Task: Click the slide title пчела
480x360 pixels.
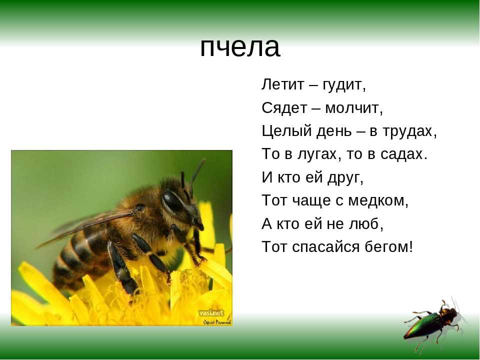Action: pos(240,47)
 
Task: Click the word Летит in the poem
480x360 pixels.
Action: pos(283,84)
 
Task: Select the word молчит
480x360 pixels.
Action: pos(354,108)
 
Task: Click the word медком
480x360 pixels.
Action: pos(378,201)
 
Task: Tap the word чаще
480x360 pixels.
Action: pos(312,201)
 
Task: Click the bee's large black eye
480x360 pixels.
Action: pos(172,200)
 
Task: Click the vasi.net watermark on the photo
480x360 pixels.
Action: pos(211,313)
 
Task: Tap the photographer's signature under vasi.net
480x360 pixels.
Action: pos(217,321)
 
